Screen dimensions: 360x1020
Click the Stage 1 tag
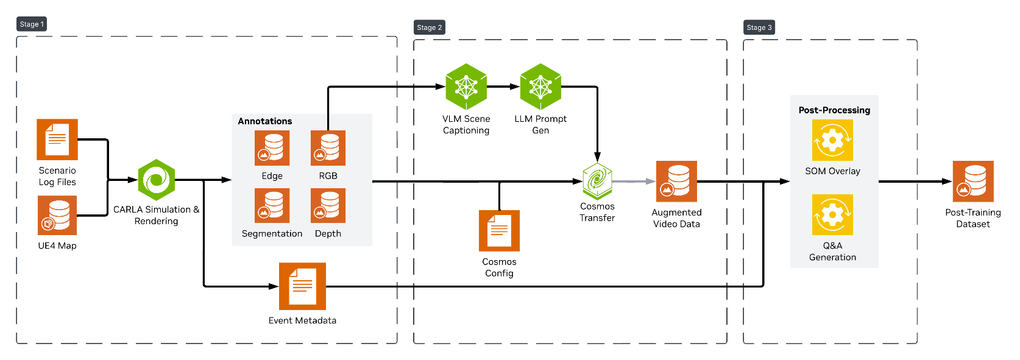[32, 24]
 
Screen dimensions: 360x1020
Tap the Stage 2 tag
[429, 27]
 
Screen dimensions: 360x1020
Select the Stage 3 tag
[759, 27]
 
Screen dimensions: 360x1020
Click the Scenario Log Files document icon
[57, 139]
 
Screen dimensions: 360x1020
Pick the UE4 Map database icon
[57, 215]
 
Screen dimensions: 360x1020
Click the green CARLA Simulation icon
[157, 180]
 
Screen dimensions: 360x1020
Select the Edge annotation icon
[272, 148]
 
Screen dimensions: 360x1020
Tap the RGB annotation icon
[328, 148]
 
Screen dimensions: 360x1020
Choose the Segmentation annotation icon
[272, 205]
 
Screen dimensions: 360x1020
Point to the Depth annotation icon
[328, 205]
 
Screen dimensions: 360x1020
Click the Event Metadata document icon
[302, 286]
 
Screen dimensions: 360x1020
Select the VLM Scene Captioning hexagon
[466, 86]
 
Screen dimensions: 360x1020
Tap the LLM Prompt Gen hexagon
[540, 86]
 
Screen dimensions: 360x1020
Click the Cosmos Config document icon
[499, 230]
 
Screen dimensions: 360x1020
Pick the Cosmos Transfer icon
[597, 181]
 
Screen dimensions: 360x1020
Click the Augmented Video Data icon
[676, 181]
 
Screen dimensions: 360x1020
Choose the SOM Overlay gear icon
[832, 140]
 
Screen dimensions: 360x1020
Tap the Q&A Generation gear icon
[832, 214]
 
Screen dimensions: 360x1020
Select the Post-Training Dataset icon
[973, 181]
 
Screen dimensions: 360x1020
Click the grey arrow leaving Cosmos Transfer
[634, 181]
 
